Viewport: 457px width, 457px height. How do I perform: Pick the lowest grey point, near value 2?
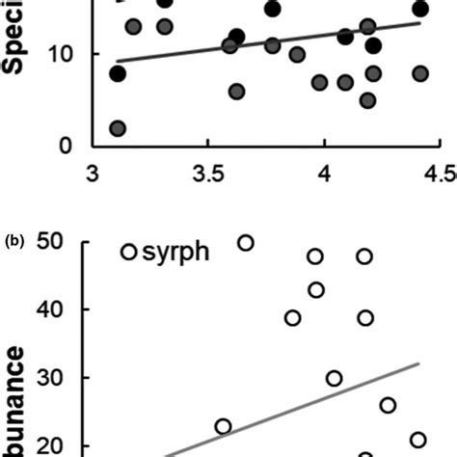point(118,128)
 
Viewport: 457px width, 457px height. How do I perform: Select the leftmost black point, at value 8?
point(118,73)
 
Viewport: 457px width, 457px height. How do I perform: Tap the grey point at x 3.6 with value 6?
point(236,92)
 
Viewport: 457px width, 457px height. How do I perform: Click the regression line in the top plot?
point(270,40)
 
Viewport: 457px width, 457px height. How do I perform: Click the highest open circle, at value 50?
point(246,242)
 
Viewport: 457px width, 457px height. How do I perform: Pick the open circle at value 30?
point(334,378)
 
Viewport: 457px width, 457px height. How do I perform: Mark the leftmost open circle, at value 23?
point(223,426)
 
